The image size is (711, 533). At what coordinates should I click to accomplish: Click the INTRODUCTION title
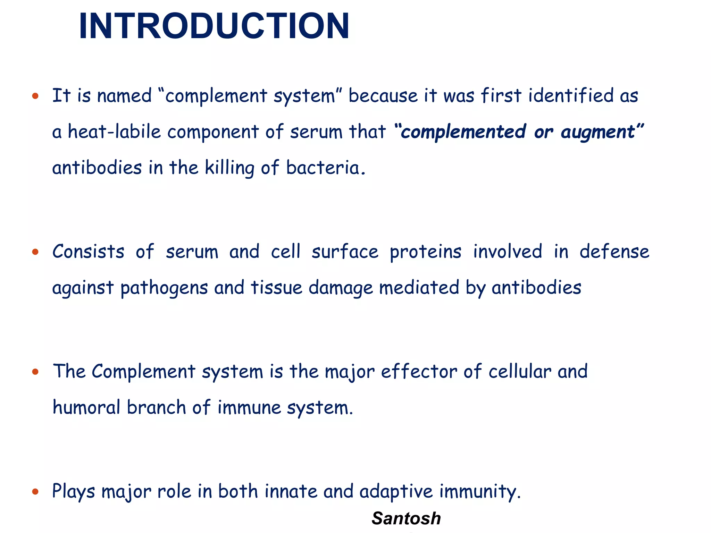[214, 26]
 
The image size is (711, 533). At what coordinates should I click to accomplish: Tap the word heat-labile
[114, 132]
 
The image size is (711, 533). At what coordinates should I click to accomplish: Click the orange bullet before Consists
[35, 252]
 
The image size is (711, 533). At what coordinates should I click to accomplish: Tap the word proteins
[426, 252]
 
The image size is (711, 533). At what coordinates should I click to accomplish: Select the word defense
[614, 252]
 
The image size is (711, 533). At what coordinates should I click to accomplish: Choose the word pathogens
[164, 288]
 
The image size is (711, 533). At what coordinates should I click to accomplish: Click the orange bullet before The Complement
[35, 372]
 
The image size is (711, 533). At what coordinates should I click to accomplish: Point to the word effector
[419, 372]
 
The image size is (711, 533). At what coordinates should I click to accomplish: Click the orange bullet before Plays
[35, 492]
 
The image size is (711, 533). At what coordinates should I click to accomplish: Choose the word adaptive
[396, 492]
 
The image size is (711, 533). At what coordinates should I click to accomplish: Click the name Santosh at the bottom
[406, 518]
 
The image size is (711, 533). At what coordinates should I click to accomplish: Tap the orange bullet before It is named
[35, 96]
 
